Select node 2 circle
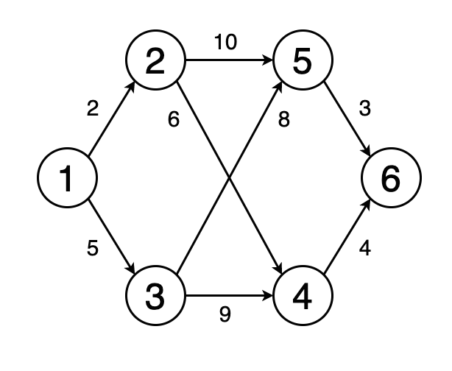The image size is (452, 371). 155,62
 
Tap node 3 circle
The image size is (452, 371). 155,297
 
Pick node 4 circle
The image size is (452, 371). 303,297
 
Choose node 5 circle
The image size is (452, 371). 303,62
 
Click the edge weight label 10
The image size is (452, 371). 226,43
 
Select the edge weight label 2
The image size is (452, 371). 92,110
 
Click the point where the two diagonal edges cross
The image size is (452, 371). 229,179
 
